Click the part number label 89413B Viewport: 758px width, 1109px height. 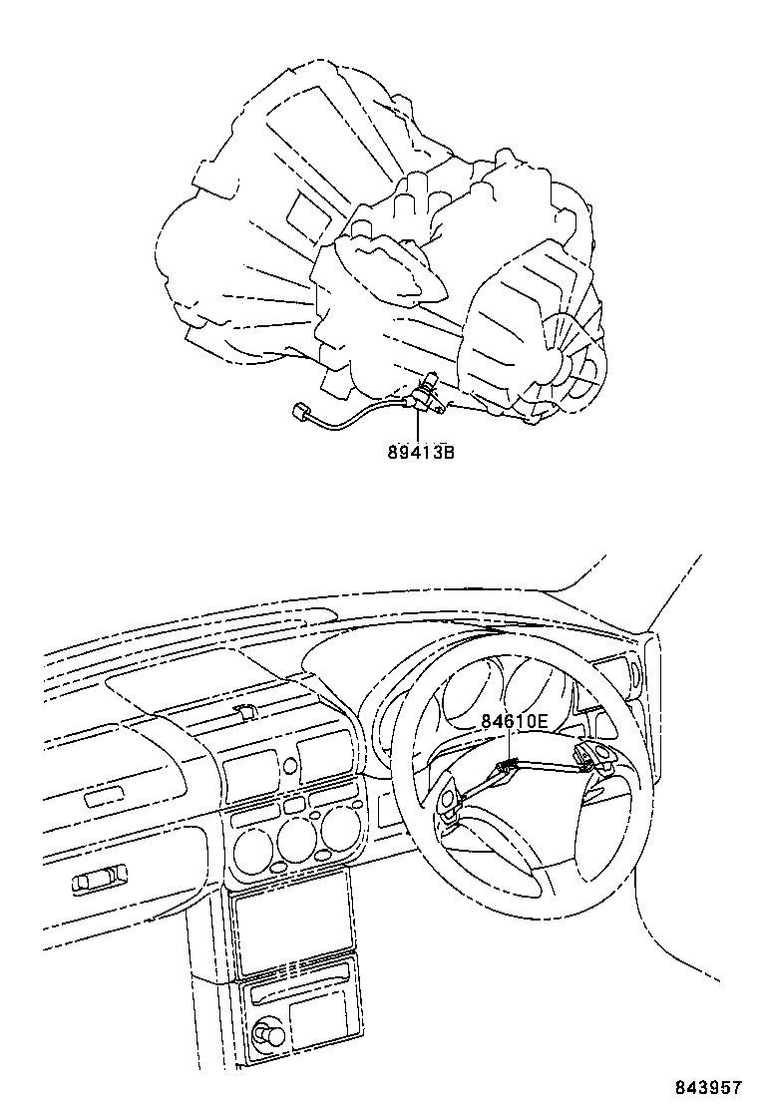pos(421,452)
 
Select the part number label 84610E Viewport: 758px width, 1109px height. pos(515,720)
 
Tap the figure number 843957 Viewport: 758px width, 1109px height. pos(709,1086)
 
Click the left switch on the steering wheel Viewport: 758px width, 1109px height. pos(447,804)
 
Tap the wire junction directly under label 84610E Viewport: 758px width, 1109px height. pos(508,765)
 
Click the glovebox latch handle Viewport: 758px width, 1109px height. pos(101,881)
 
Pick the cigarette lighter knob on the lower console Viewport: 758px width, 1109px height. pos(267,1036)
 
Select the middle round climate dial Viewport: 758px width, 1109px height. pos(295,838)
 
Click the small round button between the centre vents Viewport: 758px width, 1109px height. pos(289,766)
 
